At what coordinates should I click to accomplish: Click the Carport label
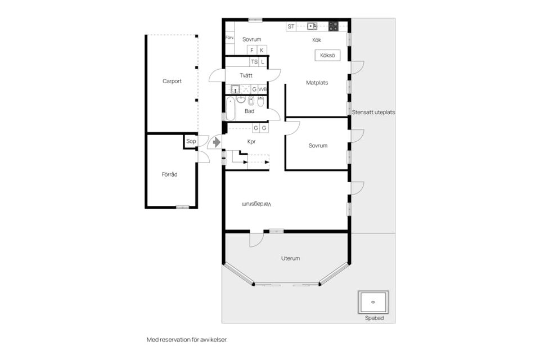point(172,82)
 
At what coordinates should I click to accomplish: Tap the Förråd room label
point(169,174)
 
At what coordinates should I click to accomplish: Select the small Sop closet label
point(191,141)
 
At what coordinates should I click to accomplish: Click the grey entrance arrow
point(217,142)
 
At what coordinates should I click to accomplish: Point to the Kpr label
point(251,142)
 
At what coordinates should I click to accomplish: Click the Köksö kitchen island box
point(327,56)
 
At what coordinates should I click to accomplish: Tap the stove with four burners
point(333,26)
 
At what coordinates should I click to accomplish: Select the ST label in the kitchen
point(291,26)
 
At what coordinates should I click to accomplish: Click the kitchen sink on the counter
point(312,26)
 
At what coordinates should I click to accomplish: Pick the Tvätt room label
point(246,75)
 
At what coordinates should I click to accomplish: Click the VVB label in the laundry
point(263,89)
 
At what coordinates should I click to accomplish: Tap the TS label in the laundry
point(254,62)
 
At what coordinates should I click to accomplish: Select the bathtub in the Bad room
point(231,108)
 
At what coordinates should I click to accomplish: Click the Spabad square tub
point(373,302)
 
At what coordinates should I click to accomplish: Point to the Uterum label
point(290,258)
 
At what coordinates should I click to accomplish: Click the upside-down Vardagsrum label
point(256,204)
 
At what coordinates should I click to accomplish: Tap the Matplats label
point(317,83)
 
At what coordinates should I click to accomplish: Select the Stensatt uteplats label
point(373,112)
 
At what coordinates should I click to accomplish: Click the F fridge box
point(252,50)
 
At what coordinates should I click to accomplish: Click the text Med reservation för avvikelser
point(187,340)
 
